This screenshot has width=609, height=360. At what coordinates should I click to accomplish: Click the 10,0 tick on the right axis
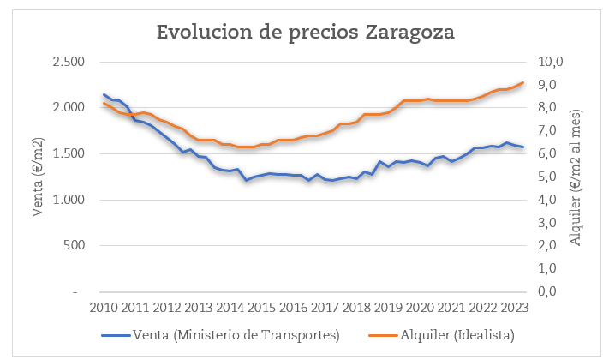551,62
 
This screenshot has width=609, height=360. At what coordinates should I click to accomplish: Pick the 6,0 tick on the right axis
548,153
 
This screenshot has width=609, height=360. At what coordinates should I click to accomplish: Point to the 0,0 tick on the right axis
548,291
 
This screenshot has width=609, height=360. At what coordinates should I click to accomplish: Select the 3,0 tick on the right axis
548,223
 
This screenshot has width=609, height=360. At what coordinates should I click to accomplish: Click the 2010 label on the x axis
104,308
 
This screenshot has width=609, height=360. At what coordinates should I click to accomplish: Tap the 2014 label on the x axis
230,308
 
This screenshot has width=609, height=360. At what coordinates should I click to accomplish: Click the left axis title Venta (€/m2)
38,176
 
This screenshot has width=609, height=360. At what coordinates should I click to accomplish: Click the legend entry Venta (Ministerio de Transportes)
235,333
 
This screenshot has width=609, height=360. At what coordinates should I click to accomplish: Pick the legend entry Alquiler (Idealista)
455,333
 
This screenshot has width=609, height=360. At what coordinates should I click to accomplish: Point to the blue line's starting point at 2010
104,94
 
